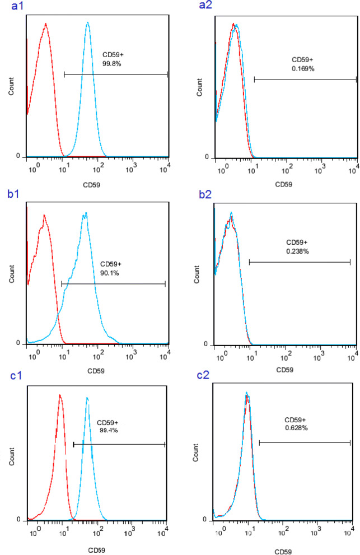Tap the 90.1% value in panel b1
click(110, 273)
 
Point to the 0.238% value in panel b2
click(297, 251)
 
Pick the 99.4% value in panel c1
click(107, 430)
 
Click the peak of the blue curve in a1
click(88, 23)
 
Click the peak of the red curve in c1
click(60, 395)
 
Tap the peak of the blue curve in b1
click(85, 213)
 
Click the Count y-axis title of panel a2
click(200, 88)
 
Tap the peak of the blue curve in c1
click(87, 398)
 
